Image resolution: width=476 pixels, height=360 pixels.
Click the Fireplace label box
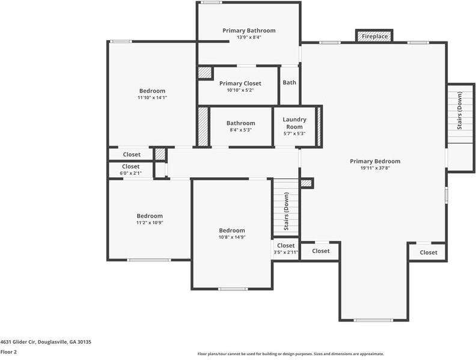point(374,37)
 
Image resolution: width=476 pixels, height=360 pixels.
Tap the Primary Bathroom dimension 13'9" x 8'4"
point(249,37)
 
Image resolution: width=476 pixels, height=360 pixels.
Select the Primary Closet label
point(240,84)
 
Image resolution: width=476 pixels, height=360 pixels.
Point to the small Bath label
point(289,83)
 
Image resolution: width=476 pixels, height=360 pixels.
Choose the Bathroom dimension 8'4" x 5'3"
point(240,130)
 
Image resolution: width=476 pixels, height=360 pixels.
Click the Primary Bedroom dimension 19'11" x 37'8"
point(375,168)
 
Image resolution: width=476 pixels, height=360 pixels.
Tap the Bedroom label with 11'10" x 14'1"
point(152,91)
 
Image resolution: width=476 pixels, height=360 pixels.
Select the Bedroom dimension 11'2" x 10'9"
point(150,222)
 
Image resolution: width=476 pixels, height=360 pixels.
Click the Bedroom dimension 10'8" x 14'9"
point(231,237)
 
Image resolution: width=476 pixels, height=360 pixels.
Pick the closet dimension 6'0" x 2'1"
point(130,173)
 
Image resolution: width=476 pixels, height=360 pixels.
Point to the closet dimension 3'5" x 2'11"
point(285,252)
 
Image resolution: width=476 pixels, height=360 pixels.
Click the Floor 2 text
point(8,352)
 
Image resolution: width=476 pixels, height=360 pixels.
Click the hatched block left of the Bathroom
point(203,127)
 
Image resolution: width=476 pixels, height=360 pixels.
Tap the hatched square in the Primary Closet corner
point(205,73)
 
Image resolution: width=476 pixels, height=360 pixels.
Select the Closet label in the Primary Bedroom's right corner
point(428,252)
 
